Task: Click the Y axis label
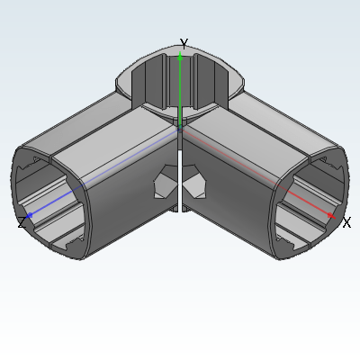tap(184, 43)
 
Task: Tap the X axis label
tap(346, 223)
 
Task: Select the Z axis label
tap(22, 222)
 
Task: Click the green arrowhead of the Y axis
tap(180, 56)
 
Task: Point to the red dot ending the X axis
tap(330, 215)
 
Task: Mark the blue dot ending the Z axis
tap(30, 215)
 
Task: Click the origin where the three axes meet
tap(180, 128)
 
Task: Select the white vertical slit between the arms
tap(180, 181)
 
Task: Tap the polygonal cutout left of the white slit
tap(166, 182)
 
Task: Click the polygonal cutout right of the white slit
tap(194, 182)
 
